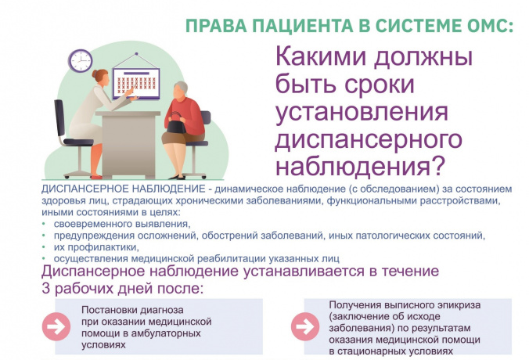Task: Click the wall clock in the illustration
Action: (81, 60)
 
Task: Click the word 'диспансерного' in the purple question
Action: (369, 139)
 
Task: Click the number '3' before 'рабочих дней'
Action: (46, 289)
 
